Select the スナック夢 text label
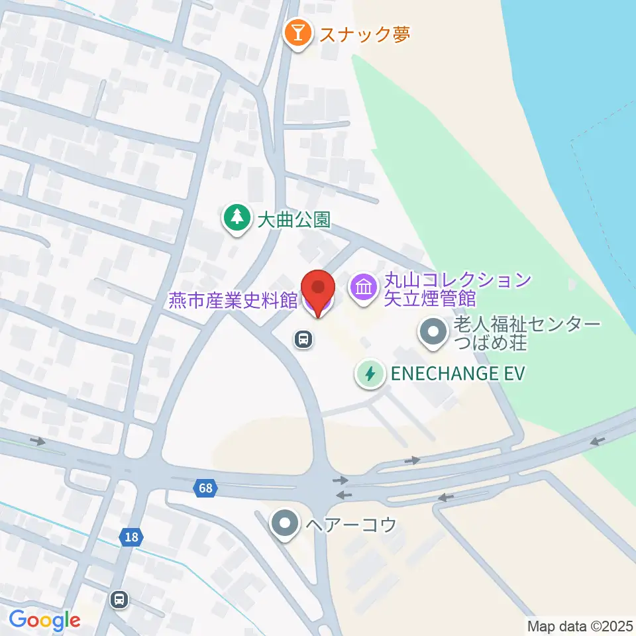(364, 34)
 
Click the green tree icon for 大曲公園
(235, 217)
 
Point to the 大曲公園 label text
(293, 219)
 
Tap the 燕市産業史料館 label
(232, 300)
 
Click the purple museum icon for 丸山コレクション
(363, 289)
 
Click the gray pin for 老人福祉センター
(434, 333)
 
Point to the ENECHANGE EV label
(457, 374)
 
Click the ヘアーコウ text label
(350, 525)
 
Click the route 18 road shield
(132, 537)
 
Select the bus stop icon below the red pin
(303, 340)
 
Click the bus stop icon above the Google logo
(120, 600)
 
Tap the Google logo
(44, 620)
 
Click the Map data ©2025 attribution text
(580, 625)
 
